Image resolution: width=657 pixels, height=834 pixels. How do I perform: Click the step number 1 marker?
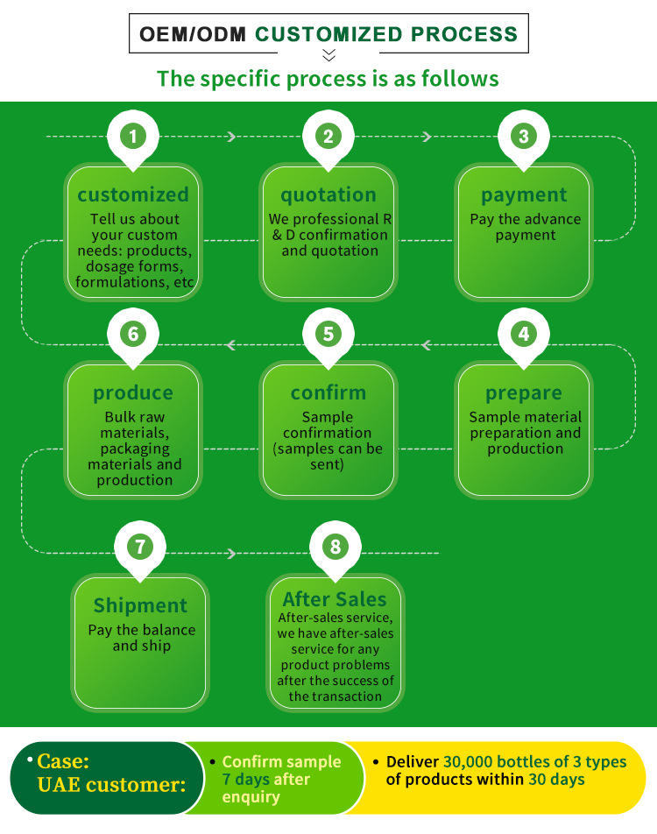tap(132, 136)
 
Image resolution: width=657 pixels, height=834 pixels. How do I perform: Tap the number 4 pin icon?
tap(523, 334)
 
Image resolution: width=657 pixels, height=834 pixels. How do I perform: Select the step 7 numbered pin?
tap(140, 547)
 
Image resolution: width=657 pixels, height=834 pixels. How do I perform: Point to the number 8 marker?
tap(336, 547)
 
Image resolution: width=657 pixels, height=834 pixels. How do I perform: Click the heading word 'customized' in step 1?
tap(133, 194)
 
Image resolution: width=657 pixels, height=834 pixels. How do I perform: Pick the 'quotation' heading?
tap(328, 194)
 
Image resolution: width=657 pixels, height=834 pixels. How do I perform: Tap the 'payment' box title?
tap(524, 194)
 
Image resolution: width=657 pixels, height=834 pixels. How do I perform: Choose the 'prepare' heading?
tap(524, 393)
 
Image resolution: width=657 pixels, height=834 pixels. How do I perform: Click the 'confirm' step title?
tap(328, 393)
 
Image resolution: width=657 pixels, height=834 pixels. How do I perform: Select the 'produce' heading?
tap(133, 393)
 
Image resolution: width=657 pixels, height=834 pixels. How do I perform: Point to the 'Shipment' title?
tap(140, 605)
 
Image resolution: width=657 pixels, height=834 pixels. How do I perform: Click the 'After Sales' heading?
tap(335, 599)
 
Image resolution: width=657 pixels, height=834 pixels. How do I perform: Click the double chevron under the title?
tap(328, 56)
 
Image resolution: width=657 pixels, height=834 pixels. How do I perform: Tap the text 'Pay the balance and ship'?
tap(141, 638)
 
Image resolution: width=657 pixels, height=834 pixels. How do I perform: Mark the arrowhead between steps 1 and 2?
tap(231, 137)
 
